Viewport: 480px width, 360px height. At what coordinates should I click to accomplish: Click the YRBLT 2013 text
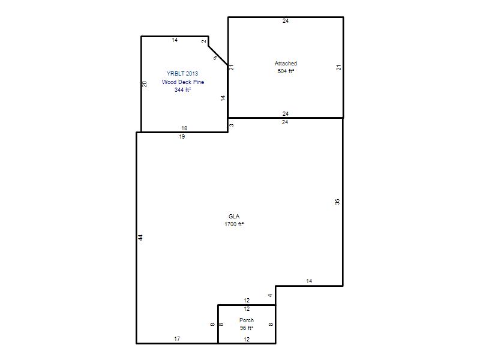(182, 73)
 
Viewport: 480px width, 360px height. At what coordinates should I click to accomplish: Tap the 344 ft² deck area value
(183, 89)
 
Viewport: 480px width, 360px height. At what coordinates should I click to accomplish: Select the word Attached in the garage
(286, 64)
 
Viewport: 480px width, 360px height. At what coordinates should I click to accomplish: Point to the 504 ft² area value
(286, 71)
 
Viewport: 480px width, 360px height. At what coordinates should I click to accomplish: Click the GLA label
(234, 216)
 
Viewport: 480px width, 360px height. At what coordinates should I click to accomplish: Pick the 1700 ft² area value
(234, 224)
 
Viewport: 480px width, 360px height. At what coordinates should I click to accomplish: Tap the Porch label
(247, 320)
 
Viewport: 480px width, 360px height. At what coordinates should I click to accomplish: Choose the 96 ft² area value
(247, 328)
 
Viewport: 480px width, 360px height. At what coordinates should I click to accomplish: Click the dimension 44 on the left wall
(140, 237)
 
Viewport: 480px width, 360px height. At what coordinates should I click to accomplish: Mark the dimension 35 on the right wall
(337, 202)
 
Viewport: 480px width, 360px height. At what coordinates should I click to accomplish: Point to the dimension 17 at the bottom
(177, 338)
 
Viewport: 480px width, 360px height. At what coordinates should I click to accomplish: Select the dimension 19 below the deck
(182, 137)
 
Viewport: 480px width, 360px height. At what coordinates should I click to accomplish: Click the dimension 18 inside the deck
(184, 128)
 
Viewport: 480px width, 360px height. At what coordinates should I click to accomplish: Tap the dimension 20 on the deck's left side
(145, 84)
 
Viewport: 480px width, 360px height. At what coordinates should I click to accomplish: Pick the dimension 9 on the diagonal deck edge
(215, 58)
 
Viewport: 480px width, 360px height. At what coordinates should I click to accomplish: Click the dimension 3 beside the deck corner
(232, 125)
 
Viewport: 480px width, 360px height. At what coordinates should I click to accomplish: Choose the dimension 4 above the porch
(270, 295)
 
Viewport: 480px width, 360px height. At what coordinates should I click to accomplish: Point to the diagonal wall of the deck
(218, 56)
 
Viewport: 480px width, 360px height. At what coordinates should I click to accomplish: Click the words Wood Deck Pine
(183, 82)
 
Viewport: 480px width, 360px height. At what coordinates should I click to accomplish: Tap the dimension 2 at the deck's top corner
(204, 41)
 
